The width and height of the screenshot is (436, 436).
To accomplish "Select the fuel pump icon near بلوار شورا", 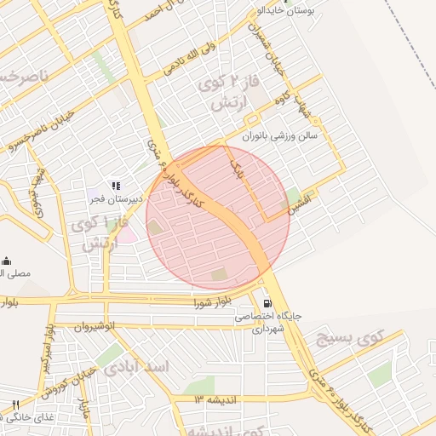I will pyautogui.click(x=267, y=302).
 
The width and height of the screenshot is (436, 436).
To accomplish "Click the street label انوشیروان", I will pyautogui.click(x=81, y=326).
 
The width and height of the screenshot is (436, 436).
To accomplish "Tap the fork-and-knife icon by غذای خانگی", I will pyautogui.click(x=14, y=405).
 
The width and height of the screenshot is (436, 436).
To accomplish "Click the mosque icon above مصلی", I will pyautogui.click(x=7, y=261).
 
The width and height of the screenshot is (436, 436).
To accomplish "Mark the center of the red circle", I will pyautogui.click(x=217, y=217).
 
